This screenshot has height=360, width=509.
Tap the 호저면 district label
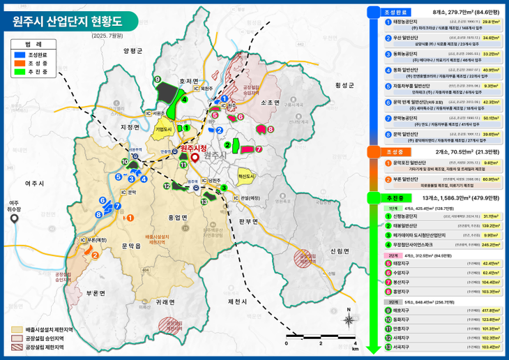(x=188, y=81)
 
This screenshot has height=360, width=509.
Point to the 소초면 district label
(x=270, y=103)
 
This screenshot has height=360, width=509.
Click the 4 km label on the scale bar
(x=355, y=344)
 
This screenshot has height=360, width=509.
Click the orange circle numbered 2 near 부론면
(x=95, y=255)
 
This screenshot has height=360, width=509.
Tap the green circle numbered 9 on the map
(x=158, y=79)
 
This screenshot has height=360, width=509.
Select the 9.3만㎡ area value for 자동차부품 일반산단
(x=490, y=86)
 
